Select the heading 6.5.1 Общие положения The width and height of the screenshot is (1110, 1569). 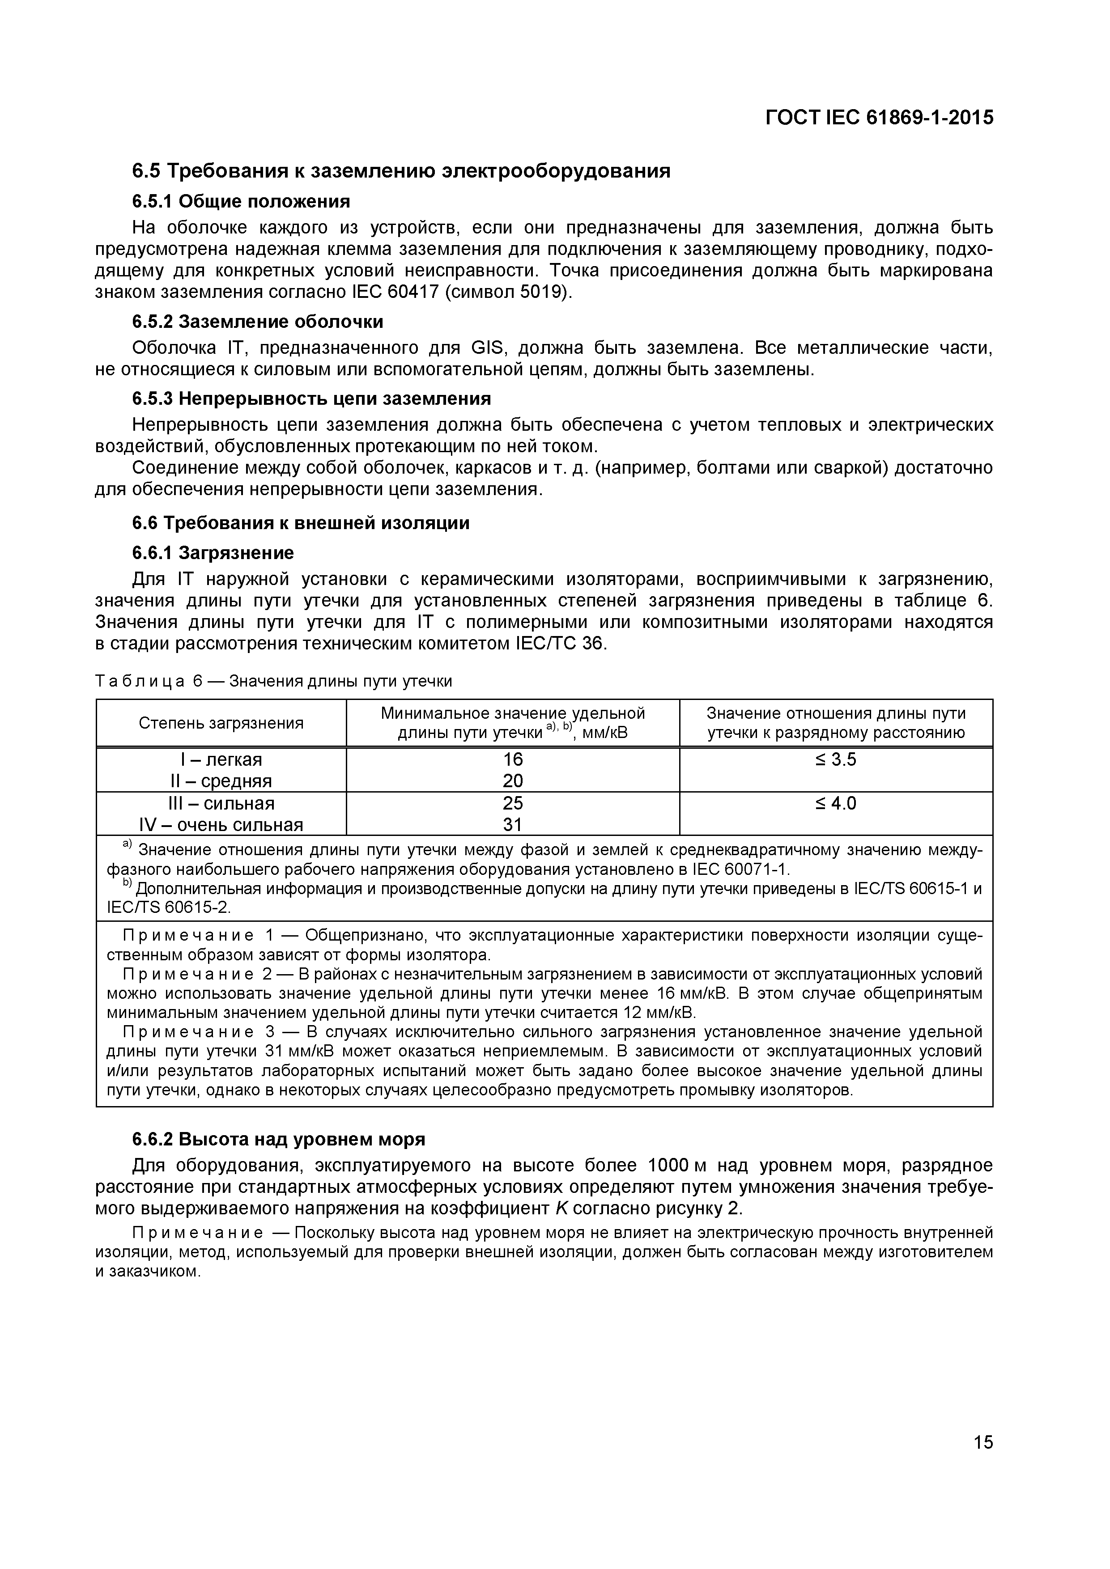(x=241, y=202)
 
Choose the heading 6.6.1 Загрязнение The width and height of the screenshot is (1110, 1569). (x=213, y=553)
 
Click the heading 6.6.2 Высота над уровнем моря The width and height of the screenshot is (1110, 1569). (x=278, y=1139)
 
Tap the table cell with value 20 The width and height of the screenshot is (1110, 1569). (x=513, y=781)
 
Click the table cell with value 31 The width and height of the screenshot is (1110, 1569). (x=513, y=825)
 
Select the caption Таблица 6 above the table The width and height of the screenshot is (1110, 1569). (x=150, y=681)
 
